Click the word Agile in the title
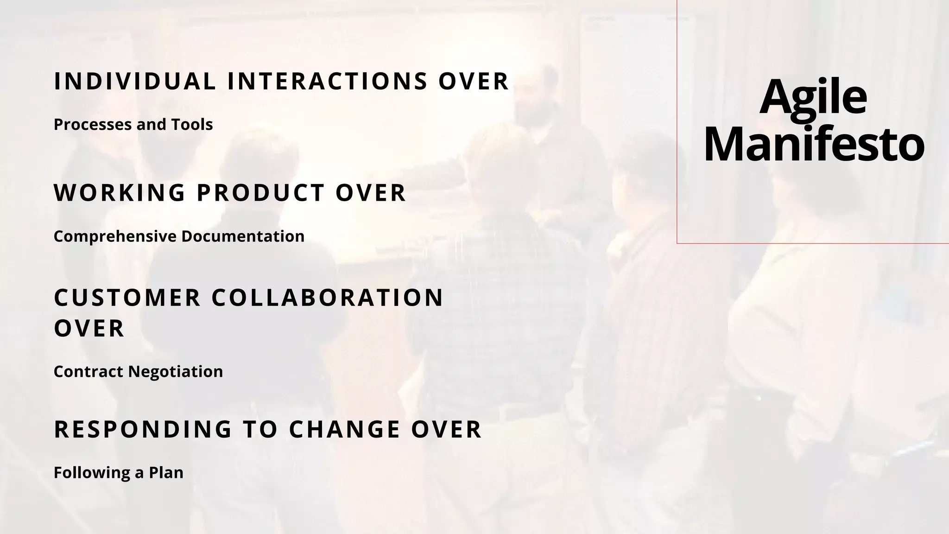(813, 98)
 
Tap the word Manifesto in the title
(814, 145)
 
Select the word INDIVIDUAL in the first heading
(135, 81)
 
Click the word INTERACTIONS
(327, 81)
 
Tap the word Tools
(192, 124)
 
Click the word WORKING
(120, 193)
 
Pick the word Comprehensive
(115, 236)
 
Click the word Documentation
(243, 236)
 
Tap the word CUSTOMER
(127, 298)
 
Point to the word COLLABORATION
(328, 298)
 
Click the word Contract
(88, 371)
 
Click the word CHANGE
(344, 429)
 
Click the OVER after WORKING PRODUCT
(371, 193)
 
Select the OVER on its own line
(89, 329)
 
